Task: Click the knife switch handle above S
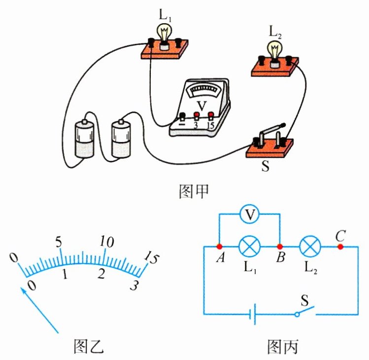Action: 270,129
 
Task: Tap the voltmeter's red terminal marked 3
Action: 196,116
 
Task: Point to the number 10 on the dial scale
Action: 106,242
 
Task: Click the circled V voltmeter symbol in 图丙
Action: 250,215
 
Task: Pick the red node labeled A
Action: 219,246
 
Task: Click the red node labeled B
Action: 280,246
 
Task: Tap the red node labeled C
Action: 340,246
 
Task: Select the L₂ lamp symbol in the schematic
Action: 310,246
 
